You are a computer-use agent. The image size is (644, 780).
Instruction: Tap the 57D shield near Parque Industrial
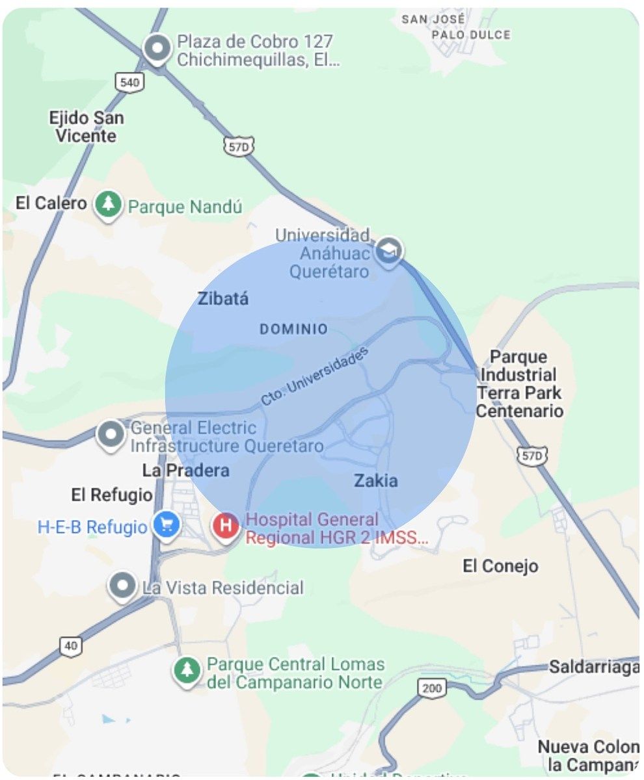click(531, 456)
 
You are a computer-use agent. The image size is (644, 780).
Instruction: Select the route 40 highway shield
click(71, 646)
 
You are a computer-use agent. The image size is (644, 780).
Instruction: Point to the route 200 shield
click(431, 688)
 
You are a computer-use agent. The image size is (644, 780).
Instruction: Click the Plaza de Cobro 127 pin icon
click(157, 49)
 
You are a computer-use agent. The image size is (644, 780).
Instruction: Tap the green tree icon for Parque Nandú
click(108, 205)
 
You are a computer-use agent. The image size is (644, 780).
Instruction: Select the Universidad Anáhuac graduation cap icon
click(390, 250)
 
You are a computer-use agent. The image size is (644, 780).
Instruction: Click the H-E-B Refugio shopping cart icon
click(167, 525)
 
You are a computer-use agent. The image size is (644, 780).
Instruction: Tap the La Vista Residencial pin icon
click(122, 586)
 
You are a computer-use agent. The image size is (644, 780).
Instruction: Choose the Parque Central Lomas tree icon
click(187, 669)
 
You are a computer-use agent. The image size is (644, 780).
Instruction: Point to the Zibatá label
click(222, 299)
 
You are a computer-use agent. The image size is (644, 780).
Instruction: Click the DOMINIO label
click(293, 330)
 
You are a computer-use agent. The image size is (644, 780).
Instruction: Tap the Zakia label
click(375, 481)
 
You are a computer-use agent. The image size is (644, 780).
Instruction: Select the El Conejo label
click(500, 566)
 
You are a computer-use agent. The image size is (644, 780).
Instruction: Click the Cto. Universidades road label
click(315, 376)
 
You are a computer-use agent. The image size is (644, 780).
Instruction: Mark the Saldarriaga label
click(593, 667)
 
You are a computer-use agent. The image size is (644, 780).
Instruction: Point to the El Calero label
click(51, 203)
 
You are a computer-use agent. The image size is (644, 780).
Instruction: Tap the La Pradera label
click(185, 470)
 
